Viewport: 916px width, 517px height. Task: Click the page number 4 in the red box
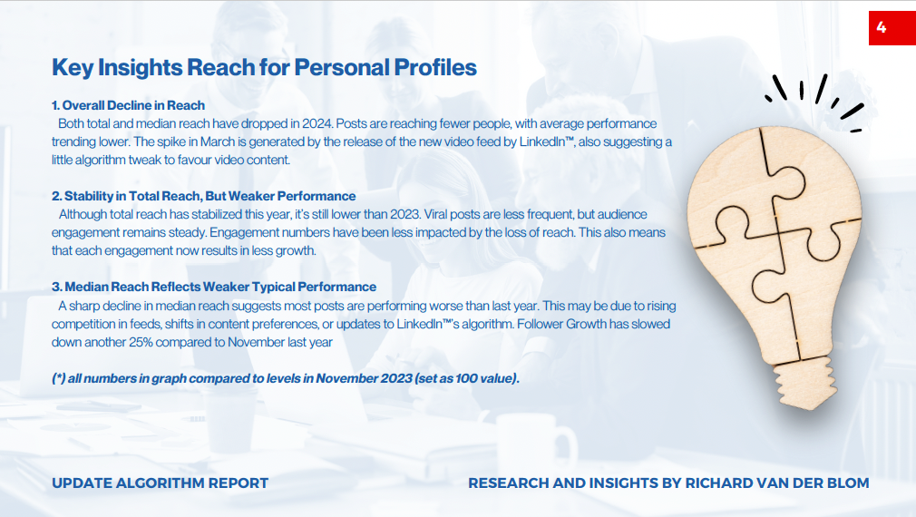pos(882,27)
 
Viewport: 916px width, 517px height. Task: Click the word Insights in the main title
pos(140,68)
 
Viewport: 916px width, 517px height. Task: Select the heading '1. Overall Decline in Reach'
pos(128,105)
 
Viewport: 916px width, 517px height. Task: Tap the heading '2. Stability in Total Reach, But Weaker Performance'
pos(203,196)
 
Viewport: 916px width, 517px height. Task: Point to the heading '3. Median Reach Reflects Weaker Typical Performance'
pos(214,287)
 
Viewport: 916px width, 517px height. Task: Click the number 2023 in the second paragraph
pos(404,214)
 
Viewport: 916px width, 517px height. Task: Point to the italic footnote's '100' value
pos(467,378)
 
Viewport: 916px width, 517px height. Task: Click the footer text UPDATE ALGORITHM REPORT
pos(160,483)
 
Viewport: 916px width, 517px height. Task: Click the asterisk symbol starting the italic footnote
pos(58,378)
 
